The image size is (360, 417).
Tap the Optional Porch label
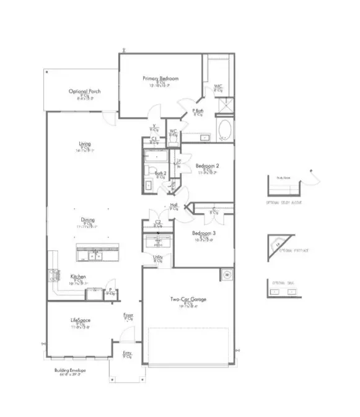pyautogui.click(x=85, y=91)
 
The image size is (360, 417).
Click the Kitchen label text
pyautogui.click(x=77, y=276)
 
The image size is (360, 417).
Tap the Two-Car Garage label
pyautogui.click(x=189, y=300)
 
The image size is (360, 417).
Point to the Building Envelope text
pyautogui.click(x=69, y=371)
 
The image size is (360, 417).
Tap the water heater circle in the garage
pyautogui.click(x=226, y=274)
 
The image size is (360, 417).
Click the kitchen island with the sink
pyautogui.click(x=97, y=253)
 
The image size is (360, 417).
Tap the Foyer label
pyautogui.click(x=128, y=315)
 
